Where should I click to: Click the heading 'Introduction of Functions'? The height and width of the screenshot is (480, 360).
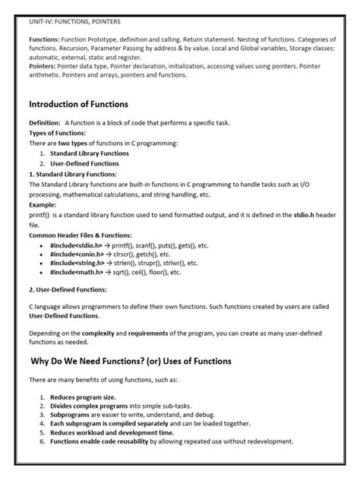[77, 103]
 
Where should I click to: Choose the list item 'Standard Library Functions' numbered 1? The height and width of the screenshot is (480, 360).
[85, 153]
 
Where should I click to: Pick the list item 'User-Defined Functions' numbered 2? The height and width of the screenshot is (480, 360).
[80, 163]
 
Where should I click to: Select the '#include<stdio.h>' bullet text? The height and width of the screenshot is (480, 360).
[81, 246]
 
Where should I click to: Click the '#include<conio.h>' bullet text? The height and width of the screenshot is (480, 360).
[82, 255]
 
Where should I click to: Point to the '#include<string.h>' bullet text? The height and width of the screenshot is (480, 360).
[83, 264]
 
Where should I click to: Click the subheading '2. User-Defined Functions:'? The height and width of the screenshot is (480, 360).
[67, 289]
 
